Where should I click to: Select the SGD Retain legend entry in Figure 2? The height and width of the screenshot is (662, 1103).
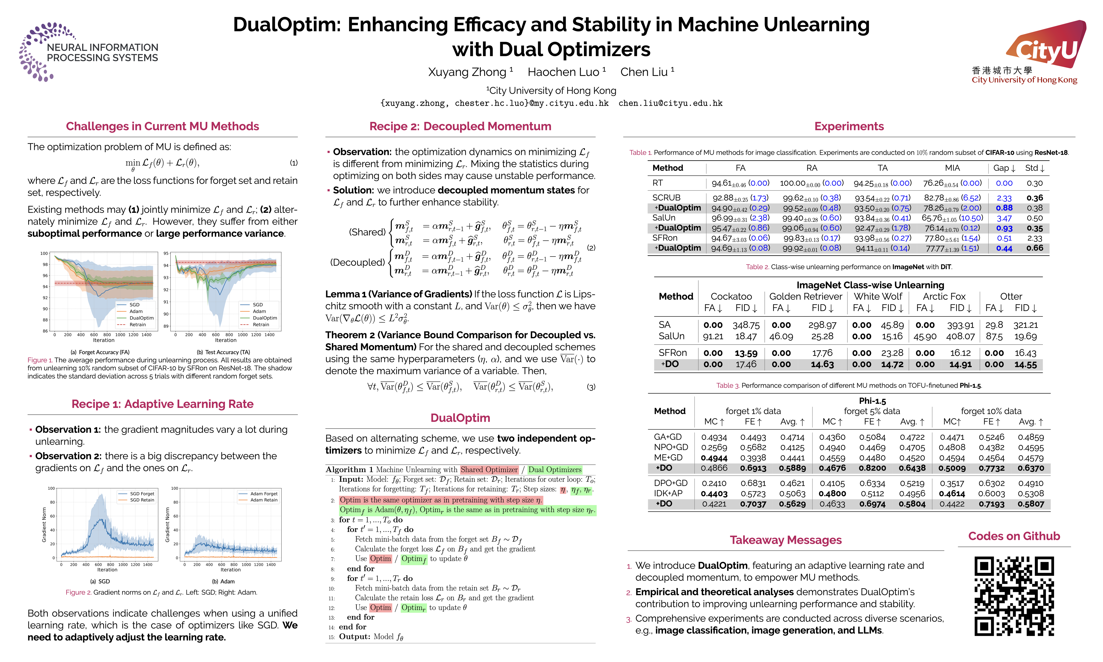pos(142,500)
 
